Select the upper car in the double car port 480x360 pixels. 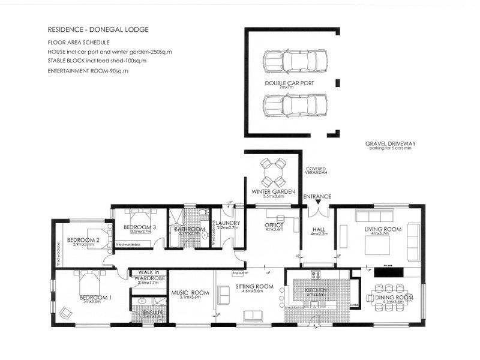295,61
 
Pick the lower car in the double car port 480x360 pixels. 295,106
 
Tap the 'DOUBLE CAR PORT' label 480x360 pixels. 289,83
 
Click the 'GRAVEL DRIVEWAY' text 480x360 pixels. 390,144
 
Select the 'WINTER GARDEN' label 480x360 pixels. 273,191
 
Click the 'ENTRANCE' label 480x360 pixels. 317,197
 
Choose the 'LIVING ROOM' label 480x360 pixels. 382,229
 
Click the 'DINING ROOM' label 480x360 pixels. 393,298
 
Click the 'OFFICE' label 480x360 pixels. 274,226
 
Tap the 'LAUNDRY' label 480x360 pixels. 228,223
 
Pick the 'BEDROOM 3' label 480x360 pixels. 140,227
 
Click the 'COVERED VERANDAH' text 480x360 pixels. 315,172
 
